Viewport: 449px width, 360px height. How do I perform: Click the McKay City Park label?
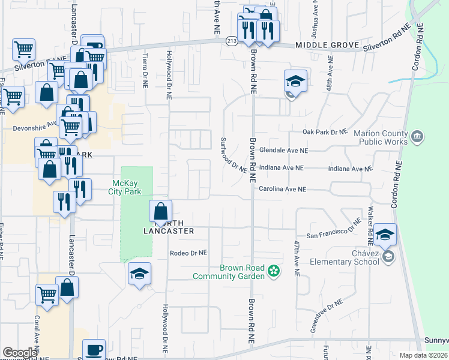127,187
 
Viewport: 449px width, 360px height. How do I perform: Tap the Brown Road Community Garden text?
229,272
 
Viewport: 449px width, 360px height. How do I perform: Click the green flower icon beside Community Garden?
274,272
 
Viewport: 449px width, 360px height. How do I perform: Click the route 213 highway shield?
232,41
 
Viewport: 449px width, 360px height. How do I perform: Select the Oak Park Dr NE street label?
325,131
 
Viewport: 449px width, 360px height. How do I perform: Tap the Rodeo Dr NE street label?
188,253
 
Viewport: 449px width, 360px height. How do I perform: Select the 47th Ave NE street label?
297,258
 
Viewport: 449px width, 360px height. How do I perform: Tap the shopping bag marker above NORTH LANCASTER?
160,212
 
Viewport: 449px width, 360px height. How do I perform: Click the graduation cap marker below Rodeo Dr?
139,274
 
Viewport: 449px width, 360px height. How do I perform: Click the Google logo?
20,353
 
